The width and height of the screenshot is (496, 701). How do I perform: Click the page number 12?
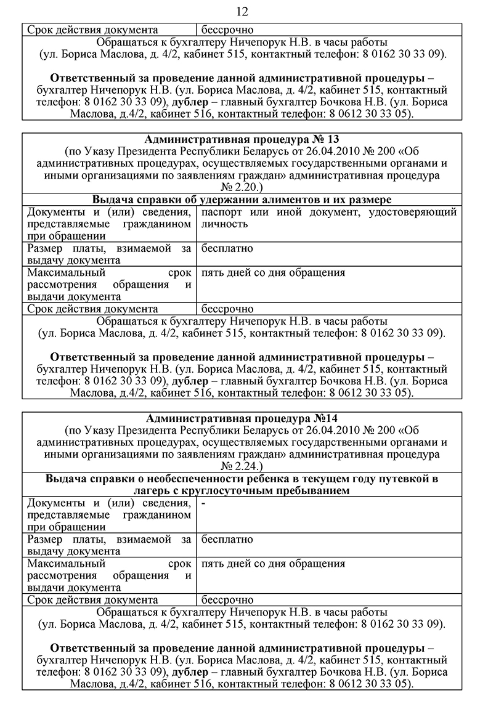242,11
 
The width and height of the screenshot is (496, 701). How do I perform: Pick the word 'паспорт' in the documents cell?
219,212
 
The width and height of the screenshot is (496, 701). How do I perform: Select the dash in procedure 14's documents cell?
203,503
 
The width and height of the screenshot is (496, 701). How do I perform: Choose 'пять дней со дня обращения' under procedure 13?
273,272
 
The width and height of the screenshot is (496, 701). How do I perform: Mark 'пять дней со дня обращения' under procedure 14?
273,564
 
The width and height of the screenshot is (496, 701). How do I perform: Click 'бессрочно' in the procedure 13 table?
227,309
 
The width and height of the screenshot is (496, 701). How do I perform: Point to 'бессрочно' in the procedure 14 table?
227,600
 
